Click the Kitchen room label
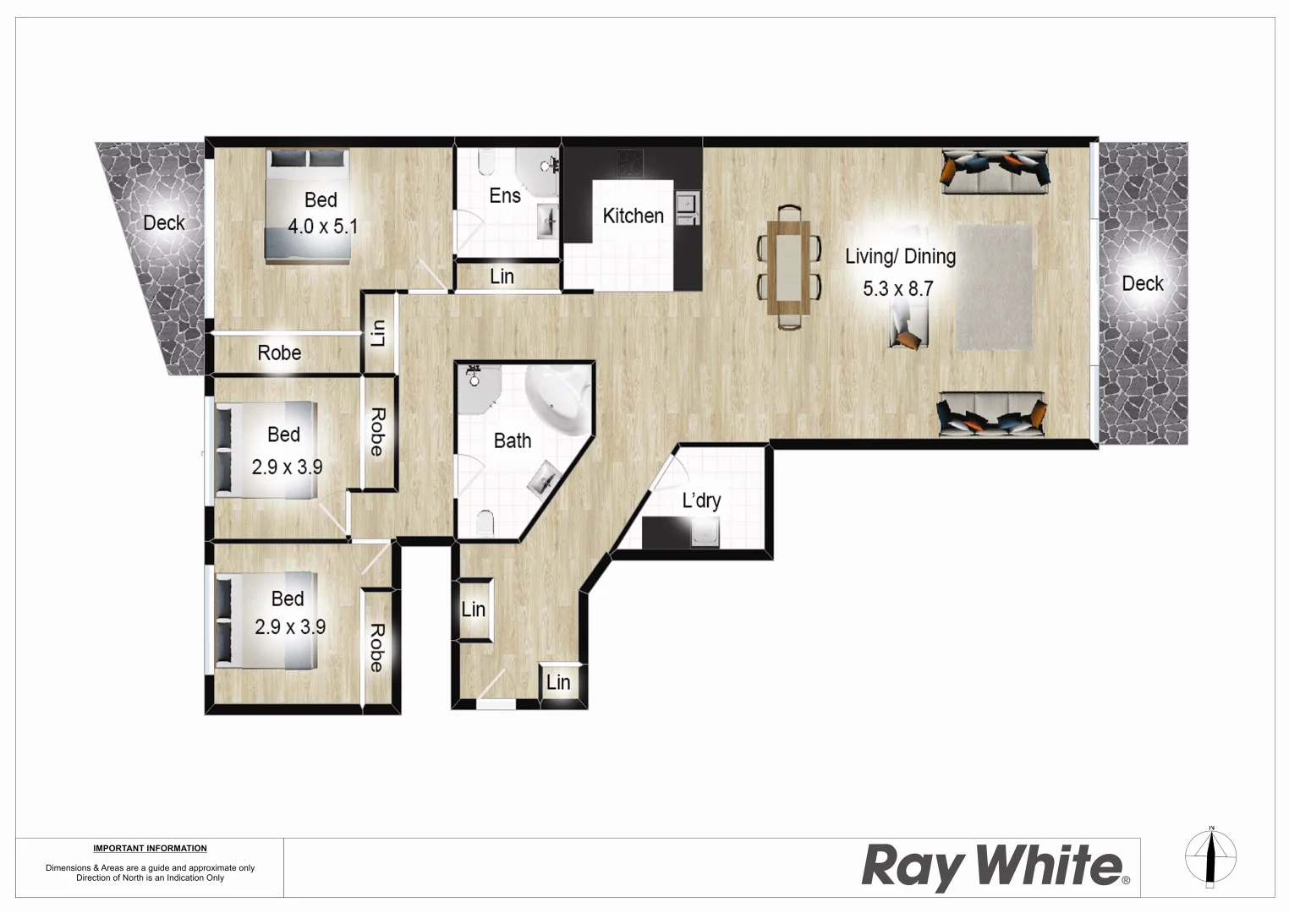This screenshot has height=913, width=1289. tap(633, 216)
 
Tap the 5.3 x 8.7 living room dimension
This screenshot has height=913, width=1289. tap(897, 289)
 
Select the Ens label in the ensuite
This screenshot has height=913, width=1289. tap(505, 196)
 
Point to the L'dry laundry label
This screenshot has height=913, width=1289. tap(701, 500)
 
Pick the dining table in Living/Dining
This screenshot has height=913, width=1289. tap(788, 266)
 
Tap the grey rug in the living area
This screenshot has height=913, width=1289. tap(994, 287)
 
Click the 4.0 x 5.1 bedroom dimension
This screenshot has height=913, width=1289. tap(322, 227)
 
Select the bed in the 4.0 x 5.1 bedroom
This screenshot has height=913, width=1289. tap(308, 205)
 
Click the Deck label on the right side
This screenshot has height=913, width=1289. tap(1143, 284)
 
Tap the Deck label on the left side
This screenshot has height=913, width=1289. tap(163, 223)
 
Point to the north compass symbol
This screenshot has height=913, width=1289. tap(1210, 857)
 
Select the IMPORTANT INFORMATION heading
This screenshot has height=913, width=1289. tap(150, 848)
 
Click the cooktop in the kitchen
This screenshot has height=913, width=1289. tap(629, 161)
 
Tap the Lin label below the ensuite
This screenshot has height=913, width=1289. tap(502, 276)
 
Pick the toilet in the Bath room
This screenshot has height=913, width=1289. tap(485, 524)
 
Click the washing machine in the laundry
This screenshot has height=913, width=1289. tap(705, 533)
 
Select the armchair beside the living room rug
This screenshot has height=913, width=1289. tap(908, 326)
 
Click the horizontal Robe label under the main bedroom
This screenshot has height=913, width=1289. tap(279, 353)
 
